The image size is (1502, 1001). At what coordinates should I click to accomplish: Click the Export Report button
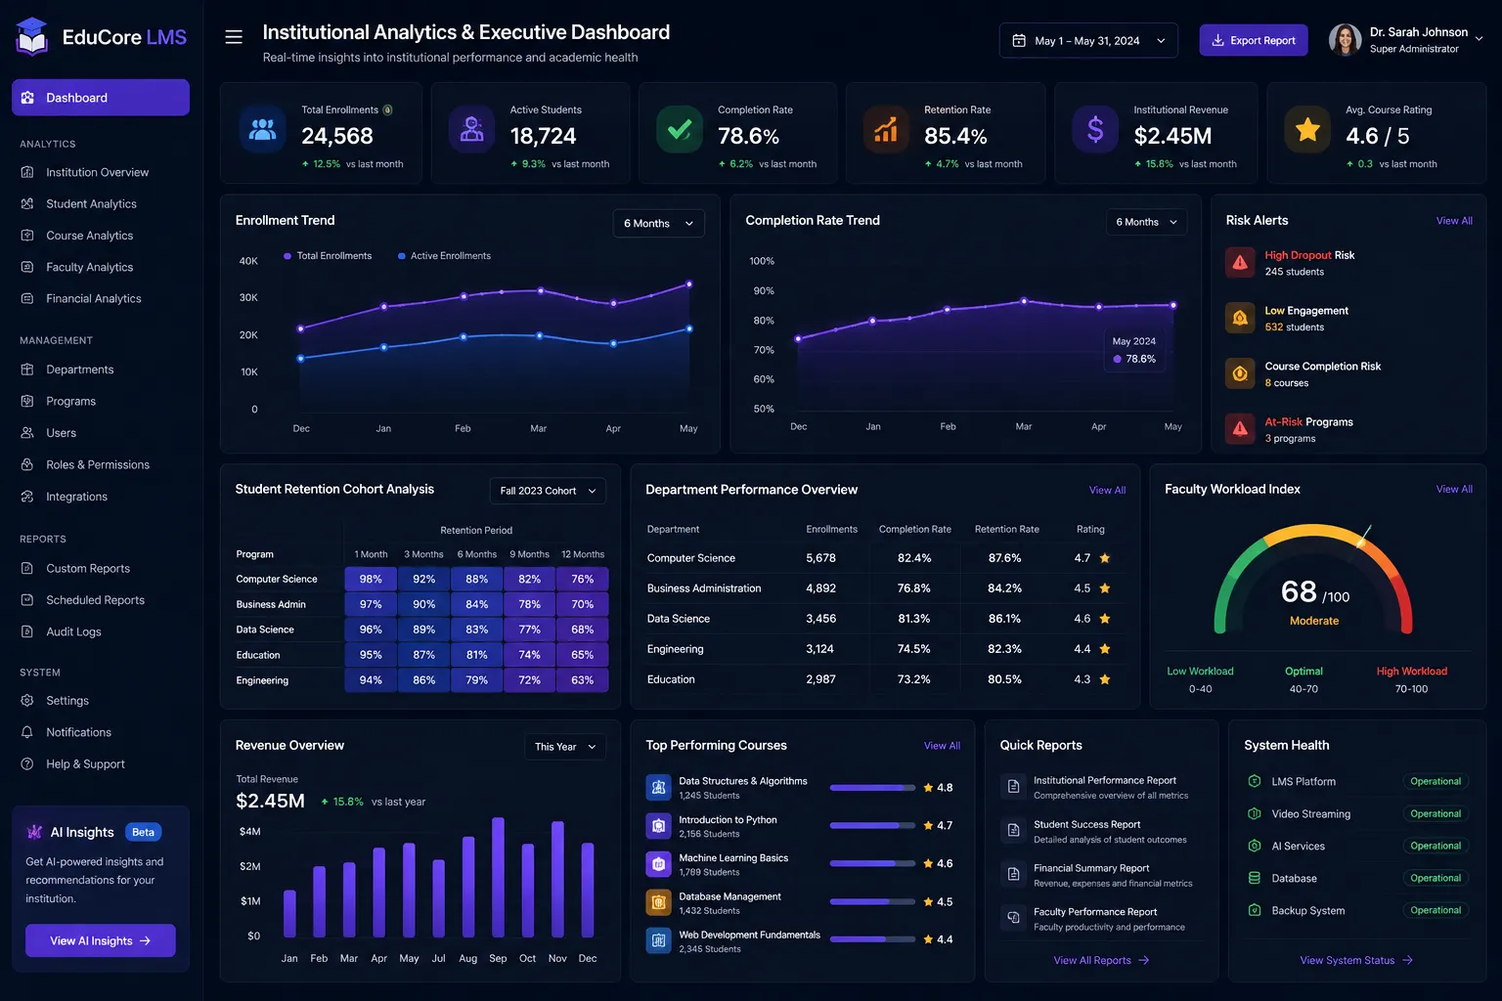coord(1253,40)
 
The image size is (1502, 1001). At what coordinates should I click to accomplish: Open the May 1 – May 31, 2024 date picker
coord(1088,40)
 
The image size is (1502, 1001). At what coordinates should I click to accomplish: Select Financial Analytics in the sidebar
coord(93,298)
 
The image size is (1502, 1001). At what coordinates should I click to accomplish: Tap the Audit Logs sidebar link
coord(73,631)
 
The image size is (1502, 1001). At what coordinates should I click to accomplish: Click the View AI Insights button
coord(101,940)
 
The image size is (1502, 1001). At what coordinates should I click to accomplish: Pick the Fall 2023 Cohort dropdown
coord(548,491)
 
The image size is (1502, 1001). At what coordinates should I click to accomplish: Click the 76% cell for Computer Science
coord(582,579)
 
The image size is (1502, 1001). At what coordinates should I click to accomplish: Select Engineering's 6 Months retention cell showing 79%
coord(477,679)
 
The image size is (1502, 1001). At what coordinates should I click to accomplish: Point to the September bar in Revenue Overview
coord(498,877)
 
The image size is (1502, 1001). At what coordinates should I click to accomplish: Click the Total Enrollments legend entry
coord(328,255)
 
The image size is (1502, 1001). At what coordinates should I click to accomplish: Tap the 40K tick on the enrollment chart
coord(248,261)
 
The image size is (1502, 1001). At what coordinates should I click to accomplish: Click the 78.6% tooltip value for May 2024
coord(1140,359)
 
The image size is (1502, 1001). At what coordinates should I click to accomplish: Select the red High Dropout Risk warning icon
coord(1240,262)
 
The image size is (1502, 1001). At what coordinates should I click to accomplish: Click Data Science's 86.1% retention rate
coord(1004,618)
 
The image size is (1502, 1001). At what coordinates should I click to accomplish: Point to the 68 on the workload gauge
coord(1299,591)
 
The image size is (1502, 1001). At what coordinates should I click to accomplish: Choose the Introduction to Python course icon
coord(658,826)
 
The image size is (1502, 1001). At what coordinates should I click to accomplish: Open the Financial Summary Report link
coord(1091,868)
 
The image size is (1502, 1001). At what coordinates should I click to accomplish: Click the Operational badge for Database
coord(1435,878)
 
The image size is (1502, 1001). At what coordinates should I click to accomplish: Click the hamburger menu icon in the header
coord(234,37)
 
